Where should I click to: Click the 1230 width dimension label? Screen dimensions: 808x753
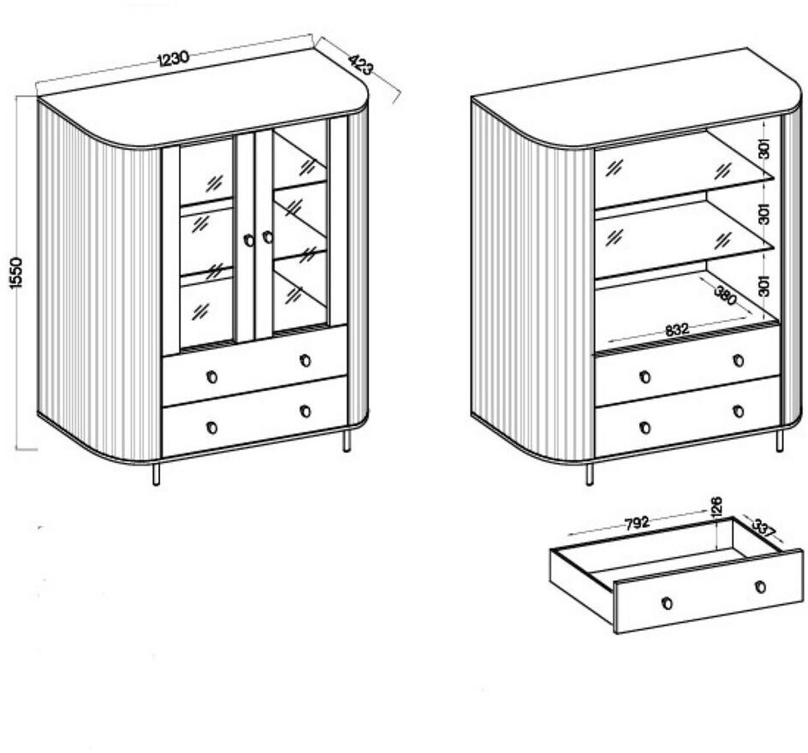(x=174, y=58)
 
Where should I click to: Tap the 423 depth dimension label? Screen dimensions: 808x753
(x=360, y=65)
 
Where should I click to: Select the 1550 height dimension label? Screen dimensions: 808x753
(x=16, y=273)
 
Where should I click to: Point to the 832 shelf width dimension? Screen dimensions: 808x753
(x=676, y=329)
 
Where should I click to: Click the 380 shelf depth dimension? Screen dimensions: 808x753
(x=726, y=296)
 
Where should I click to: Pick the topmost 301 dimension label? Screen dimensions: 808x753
(x=764, y=148)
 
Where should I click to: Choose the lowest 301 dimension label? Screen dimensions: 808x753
(x=764, y=285)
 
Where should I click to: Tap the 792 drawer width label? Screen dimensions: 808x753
(x=637, y=524)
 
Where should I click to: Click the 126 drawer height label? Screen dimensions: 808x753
(x=716, y=505)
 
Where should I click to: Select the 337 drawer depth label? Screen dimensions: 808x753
(x=763, y=528)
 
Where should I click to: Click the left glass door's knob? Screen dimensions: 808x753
(x=249, y=240)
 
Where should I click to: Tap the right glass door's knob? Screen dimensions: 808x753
(x=267, y=237)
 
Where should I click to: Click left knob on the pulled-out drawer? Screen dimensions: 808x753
(x=668, y=602)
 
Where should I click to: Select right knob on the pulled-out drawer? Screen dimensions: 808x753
(x=760, y=587)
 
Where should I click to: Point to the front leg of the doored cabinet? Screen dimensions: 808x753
(x=156, y=473)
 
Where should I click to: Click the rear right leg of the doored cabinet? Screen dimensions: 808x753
(x=347, y=442)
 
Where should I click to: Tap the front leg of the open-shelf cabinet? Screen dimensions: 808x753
(x=590, y=473)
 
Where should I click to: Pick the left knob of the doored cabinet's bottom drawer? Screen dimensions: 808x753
(x=211, y=428)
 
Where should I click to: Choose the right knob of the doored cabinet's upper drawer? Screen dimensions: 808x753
(x=305, y=360)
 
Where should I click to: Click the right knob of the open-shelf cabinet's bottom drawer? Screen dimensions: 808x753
(x=738, y=412)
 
